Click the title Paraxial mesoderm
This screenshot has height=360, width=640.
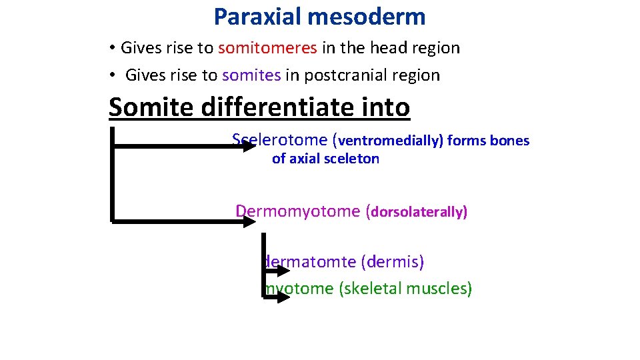coord(319,17)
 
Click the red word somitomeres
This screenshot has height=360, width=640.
coord(267,48)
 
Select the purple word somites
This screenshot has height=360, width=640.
coord(251,75)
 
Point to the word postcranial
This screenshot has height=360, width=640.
coord(339,75)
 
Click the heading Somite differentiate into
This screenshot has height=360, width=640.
coord(259,107)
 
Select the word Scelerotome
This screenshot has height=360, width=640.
coord(280,140)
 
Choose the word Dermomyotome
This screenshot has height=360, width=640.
coord(298,211)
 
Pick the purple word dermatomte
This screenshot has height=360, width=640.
coord(311,261)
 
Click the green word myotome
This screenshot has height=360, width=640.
coord(300,288)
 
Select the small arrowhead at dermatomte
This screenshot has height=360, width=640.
coord(283,269)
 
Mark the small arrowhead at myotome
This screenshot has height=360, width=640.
coord(283,296)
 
